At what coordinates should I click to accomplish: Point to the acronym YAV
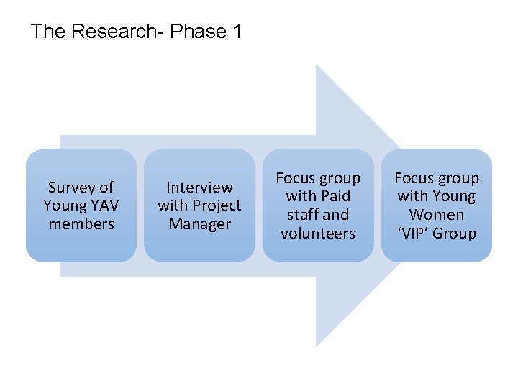pos(104,205)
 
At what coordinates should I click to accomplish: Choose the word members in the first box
pos(81,224)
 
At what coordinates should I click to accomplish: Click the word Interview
pos(199,188)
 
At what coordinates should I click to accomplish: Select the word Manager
pos(199,224)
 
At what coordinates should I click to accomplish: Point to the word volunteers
pos(318,234)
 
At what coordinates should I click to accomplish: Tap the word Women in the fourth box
pos(437,215)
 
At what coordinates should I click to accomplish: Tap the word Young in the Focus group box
pos(454,196)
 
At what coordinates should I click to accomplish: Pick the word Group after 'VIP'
pos(454,234)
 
